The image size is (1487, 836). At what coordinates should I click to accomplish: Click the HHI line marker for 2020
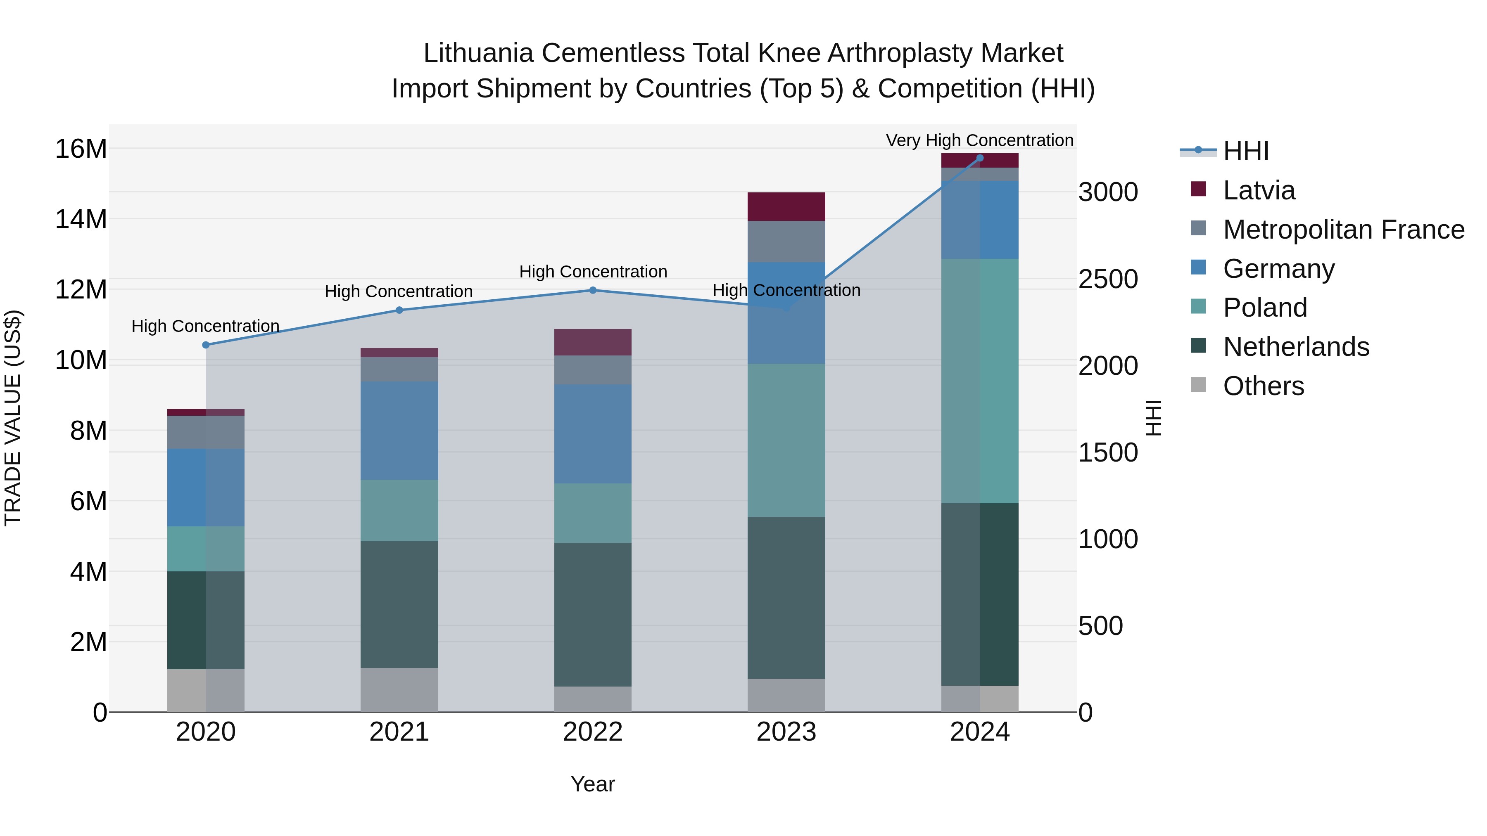point(206,345)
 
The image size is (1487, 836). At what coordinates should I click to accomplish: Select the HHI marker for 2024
point(980,158)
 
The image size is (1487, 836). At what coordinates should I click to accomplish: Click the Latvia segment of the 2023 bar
point(786,206)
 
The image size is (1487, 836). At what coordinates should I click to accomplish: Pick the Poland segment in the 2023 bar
point(786,440)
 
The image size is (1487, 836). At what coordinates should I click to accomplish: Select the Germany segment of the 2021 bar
point(399,431)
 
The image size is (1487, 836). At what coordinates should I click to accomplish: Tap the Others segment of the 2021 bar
point(399,690)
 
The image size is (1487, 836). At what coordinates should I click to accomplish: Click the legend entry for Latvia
point(1259,190)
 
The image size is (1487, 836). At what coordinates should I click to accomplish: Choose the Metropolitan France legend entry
point(1343,230)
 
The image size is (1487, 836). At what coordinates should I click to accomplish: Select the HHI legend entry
point(1246,151)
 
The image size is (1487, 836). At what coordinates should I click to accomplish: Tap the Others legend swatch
point(1198,385)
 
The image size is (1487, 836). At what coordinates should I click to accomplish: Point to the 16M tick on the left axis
point(81,149)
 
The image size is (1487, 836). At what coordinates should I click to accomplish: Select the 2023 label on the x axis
point(786,732)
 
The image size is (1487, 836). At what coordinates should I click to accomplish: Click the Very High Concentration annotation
point(980,140)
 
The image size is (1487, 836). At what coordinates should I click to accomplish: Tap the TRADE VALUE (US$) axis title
point(13,418)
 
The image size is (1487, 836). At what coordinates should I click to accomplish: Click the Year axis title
point(593,784)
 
